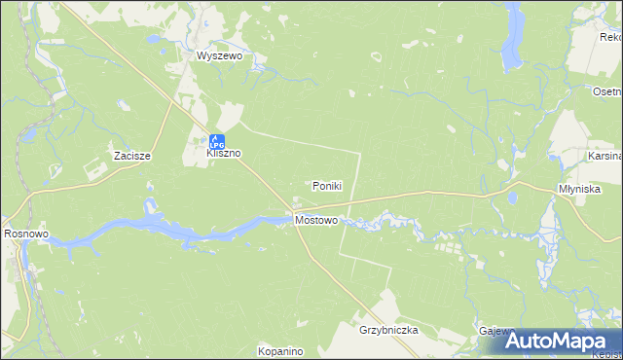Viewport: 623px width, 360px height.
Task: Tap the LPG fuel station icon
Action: [217, 140]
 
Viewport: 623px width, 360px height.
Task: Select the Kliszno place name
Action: [223, 154]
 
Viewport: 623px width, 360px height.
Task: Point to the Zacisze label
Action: [130, 156]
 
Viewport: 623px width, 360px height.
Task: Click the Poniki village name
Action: [327, 186]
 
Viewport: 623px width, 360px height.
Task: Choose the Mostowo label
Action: [315, 221]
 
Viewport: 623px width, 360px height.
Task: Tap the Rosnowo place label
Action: [26, 234]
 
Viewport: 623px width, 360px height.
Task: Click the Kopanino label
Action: [281, 350]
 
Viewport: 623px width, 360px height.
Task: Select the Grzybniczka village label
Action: [387, 330]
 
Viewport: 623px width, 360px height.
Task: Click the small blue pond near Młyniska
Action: [511, 198]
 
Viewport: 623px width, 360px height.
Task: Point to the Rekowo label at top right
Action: [611, 37]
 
